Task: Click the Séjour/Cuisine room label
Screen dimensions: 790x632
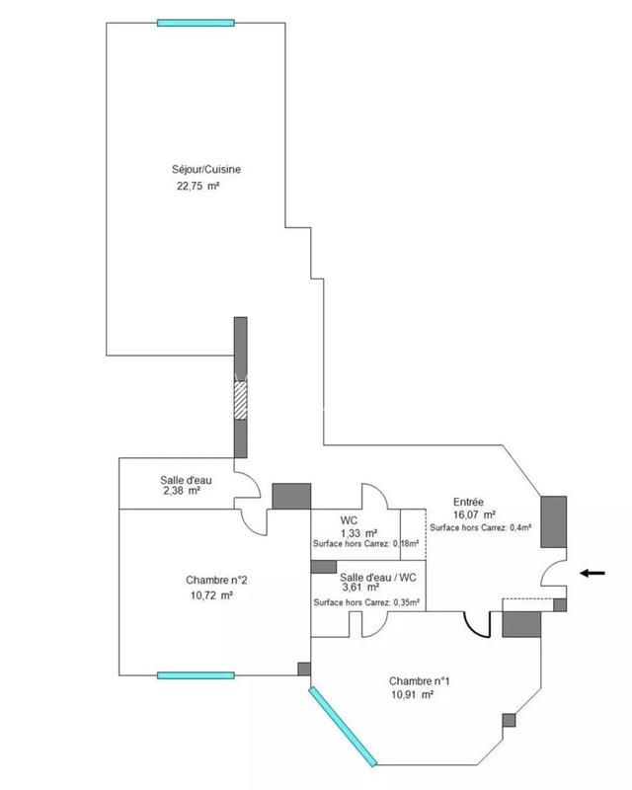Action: coord(206,169)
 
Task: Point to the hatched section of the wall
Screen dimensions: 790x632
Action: coord(240,400)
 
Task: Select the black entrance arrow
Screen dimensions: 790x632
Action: coord(594,572)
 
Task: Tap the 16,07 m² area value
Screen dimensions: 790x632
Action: coord(475,514)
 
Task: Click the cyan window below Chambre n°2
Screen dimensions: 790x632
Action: coord(197,675)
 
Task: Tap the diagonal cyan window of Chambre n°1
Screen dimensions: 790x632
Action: coord(342,725)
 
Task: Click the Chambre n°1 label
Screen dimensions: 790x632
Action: coord(420,680)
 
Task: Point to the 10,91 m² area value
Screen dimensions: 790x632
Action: coord(413,695)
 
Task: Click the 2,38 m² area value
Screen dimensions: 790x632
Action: coord(181,491)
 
